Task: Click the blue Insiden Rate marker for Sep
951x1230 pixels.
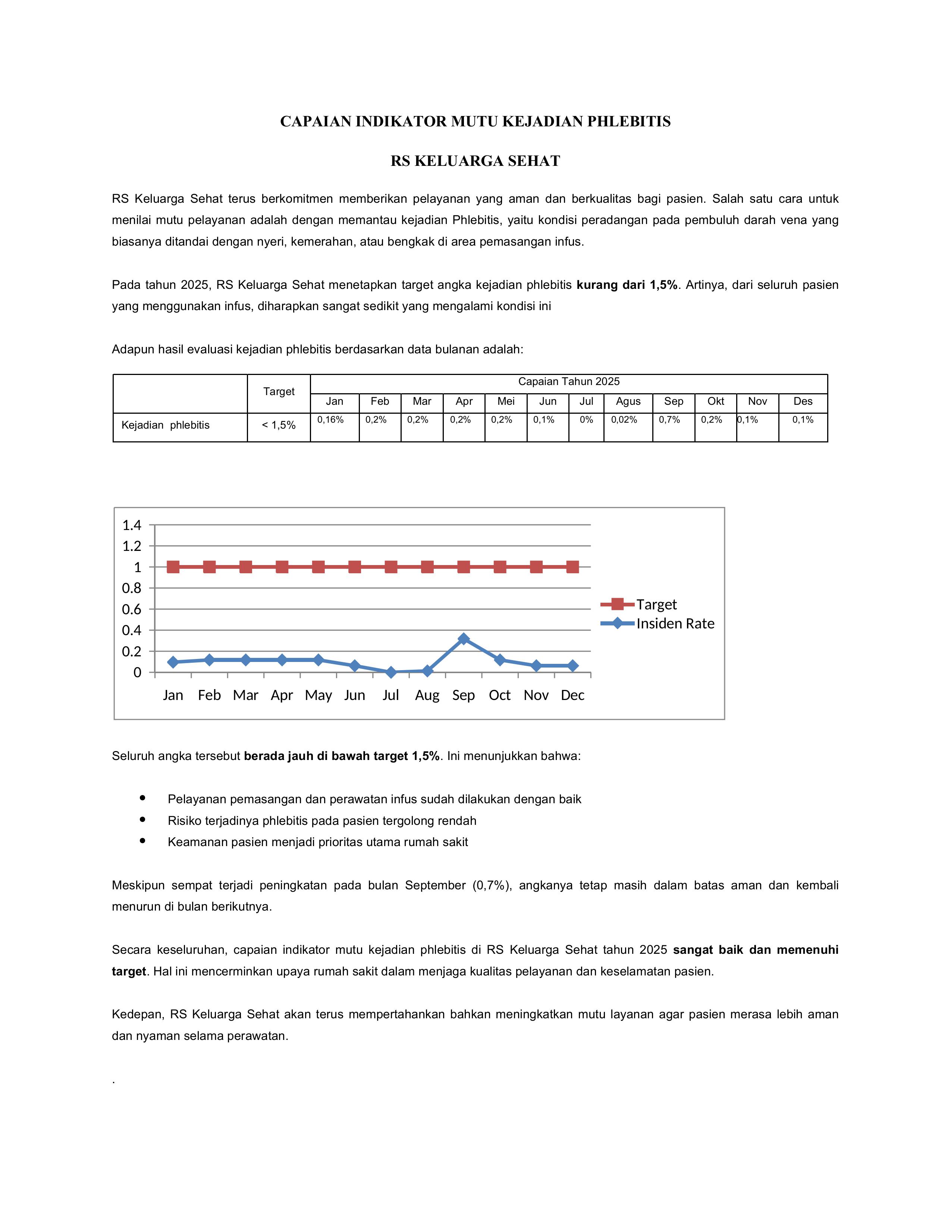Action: (x=463, y=638)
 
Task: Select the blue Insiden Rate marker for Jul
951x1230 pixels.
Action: (x=391, y=672)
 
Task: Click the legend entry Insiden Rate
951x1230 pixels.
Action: (x=675, y=624)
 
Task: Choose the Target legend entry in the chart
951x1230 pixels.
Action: (x=656, y=604)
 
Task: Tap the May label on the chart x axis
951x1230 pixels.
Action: (x=318, y=695)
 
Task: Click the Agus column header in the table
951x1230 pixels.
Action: (x=628, y=401)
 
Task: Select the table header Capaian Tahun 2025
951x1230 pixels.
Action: (x=568, y=381)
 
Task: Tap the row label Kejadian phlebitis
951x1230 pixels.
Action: (x=165, y=425)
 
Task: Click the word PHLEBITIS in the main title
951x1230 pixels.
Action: (x=629, y=122)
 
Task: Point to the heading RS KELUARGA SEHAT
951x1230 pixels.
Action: (x=475, y=161)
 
